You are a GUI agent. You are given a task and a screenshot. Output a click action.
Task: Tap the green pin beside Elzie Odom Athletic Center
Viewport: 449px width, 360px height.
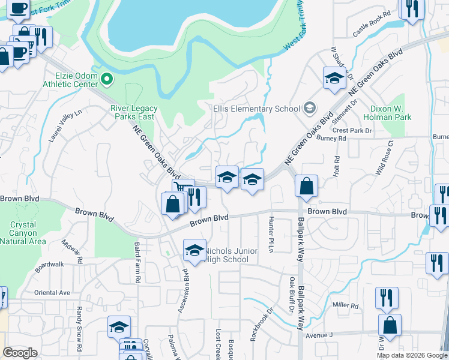click(107, 79)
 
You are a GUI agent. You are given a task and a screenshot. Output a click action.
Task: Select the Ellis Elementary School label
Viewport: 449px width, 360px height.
click(256, 109)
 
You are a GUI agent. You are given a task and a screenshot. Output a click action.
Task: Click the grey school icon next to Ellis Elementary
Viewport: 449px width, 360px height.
click(310, 108)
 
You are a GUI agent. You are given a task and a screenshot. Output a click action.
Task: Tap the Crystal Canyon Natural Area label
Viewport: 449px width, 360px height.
click(23, 233)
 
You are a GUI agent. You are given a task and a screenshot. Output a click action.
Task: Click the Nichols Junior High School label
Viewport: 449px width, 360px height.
click(232, 255)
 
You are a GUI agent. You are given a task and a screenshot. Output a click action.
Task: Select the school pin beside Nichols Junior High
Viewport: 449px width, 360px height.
click(194, 251)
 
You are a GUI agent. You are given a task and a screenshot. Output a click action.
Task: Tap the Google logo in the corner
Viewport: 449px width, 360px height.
click(20, 353)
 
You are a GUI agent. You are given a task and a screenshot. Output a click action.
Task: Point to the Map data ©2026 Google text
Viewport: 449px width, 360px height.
click(411, 355)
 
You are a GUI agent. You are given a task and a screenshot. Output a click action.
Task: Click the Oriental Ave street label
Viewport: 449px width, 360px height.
click(52, 293)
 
